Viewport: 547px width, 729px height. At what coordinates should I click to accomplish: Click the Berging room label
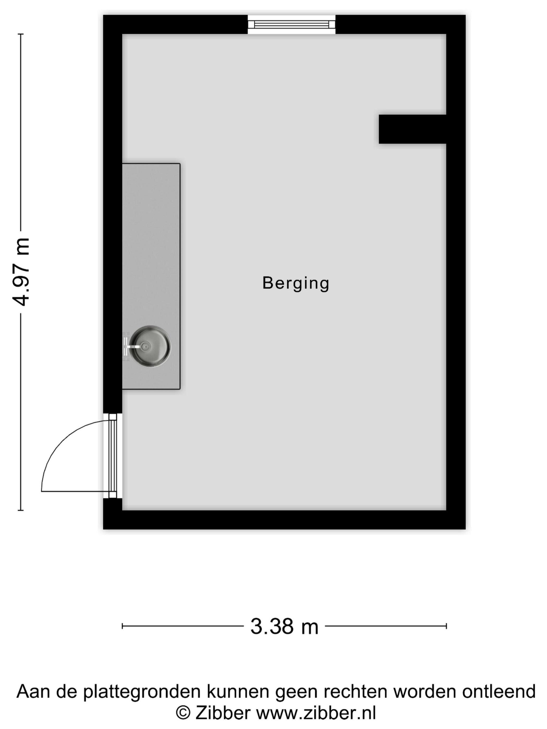click(x=296, y=284)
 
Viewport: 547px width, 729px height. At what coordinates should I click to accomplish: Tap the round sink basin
click(x=150, y=346)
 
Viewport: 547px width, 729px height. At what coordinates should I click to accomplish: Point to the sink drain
click(x=145, y=346)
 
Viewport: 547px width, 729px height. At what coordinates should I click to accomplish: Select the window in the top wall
click(x=291, y=24)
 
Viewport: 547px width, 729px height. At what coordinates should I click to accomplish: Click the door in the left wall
click(x=113, y=456)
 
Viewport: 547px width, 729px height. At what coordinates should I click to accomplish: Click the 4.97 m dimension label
click(x=21, y=272)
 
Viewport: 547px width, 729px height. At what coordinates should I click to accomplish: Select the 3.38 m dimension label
click(x=284, y=626)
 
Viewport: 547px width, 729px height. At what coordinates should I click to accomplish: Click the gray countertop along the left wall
click(x=151, y=276)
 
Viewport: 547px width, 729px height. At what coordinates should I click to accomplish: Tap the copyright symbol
click(x=183, y=713)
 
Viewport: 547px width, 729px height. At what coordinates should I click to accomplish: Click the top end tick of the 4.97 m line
click(x=21, y=34)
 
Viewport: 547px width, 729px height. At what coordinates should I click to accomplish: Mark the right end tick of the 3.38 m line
click(x=446, y=626)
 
